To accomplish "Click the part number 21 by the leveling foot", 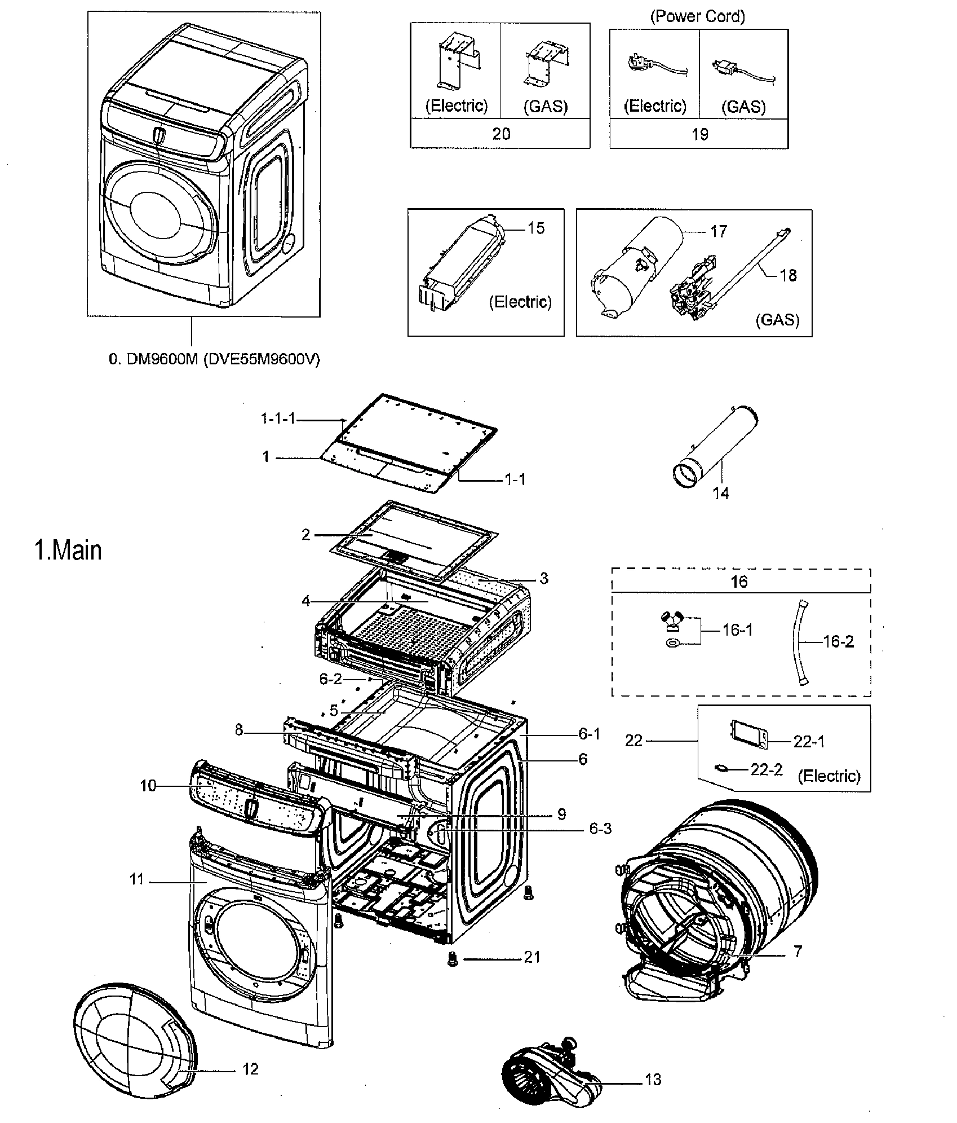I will coord(532,957).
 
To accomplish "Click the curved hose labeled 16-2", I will coord(801,642).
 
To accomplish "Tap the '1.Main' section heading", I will coord(68,551).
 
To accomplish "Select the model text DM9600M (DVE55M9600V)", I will coord(214,359).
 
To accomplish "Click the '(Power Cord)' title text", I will coord(698,16).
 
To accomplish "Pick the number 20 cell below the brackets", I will coord(500,134).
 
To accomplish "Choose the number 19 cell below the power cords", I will coord(699,134).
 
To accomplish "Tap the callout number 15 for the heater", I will coord(536,228).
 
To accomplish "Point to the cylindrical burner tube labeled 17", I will coord(640,265).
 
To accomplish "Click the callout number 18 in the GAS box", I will coord(788,275).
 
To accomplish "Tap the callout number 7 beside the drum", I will coord(797,952).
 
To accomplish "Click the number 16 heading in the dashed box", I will coord(739,582).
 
